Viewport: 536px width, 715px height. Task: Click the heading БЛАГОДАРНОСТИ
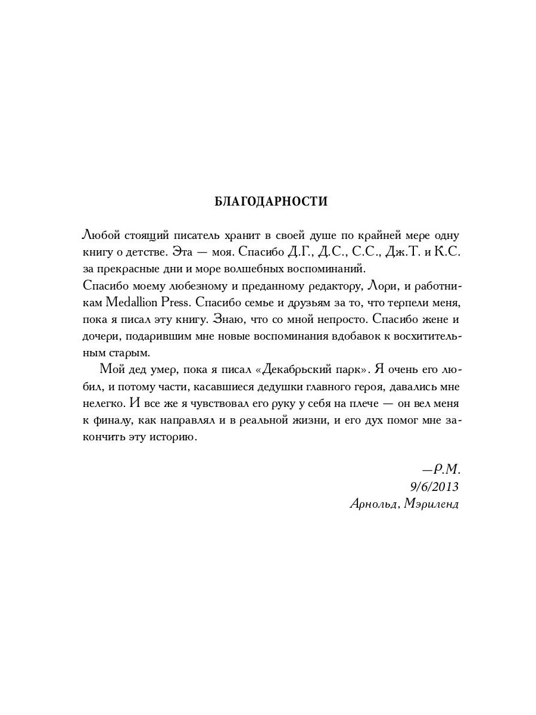pos(271,201)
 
